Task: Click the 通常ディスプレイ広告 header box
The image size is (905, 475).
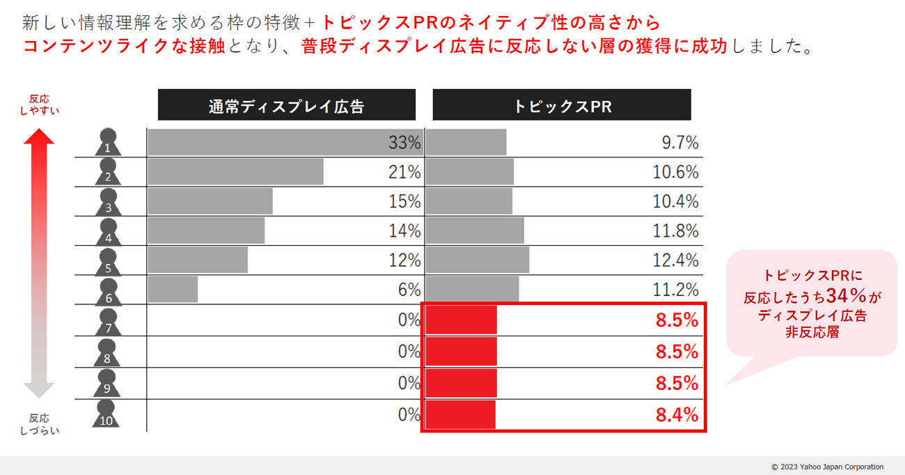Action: coord(286,105)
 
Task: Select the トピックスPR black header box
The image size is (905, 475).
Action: coord(562,105)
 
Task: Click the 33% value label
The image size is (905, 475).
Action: coord(404,143)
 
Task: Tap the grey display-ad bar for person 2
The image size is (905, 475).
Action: coord(235,172)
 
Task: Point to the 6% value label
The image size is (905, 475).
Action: coord(409,290)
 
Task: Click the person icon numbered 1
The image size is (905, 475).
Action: coord(107,142)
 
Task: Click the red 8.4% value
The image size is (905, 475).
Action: coord(677,416)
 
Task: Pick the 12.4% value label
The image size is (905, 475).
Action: coord(675,260)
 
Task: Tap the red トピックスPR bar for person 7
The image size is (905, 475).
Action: coord(461,320)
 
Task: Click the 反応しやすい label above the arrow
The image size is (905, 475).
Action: coord(40,104)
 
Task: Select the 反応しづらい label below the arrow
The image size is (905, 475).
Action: coord(39,424)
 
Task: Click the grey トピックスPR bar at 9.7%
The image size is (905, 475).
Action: coord(466,143)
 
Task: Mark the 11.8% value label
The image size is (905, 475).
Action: coord(675,231)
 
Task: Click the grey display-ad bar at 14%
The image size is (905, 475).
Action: coord(206,231)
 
